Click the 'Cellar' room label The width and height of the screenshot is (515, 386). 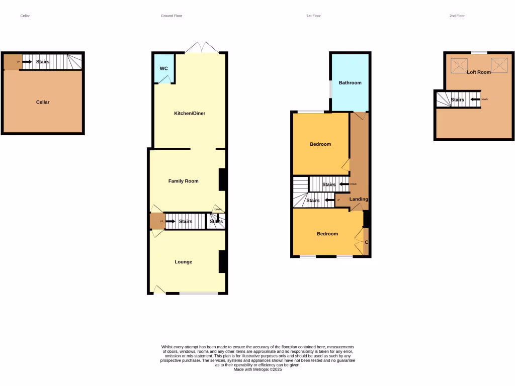43,102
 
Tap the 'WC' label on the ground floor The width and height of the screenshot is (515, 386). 163,68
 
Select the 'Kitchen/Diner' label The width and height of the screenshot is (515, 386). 190,114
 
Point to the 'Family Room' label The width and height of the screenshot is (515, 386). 183,181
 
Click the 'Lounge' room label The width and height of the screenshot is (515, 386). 183,262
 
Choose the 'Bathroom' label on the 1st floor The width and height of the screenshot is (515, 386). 350,83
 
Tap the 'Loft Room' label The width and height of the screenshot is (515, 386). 478,72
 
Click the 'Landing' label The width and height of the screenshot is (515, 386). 359,200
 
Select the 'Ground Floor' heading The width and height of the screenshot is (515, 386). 171,16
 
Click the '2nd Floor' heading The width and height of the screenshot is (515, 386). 457,16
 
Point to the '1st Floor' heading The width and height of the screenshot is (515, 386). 313,16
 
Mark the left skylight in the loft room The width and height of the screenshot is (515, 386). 459,65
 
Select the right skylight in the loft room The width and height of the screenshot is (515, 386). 499,65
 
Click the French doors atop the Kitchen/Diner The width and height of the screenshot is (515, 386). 201,48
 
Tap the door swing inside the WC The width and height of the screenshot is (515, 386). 164,79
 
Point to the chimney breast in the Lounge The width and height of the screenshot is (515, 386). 222,261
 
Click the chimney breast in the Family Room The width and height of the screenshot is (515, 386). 222,179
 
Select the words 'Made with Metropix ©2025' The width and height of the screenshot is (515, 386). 257,369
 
